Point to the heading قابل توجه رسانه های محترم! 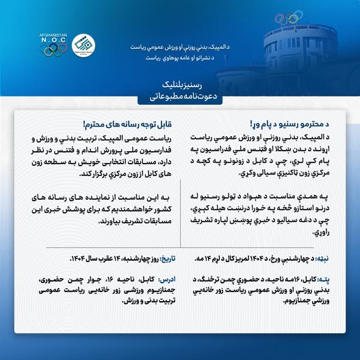pyautogui.click(x=128, y=125)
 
